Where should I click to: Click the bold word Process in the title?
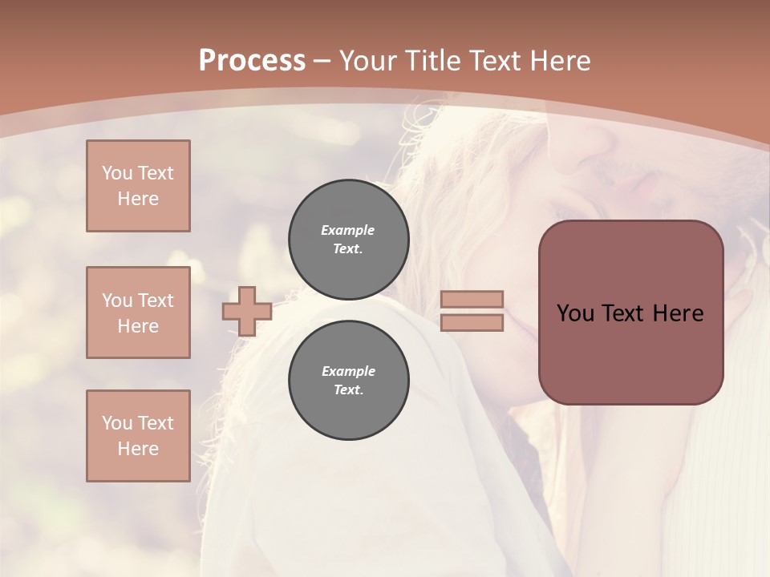pyautogui.click(x=252, y=61)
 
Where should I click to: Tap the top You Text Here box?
pyautogui.click(x=138, y=186)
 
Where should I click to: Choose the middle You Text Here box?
pyautogui.click(x=138, y=313)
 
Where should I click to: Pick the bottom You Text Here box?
pyautogui.click(x=138, y=436)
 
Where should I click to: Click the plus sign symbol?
pyautogui.click(x=247, y=311)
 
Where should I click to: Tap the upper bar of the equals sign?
pyautogui.click(x=472, y=300)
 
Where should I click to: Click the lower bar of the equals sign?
pyautogui.click(x=472, y=323)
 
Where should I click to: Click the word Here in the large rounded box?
pyautogui.click(x=678, y=313)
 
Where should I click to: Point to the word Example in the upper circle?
pyautogui.click(x=348, y=230)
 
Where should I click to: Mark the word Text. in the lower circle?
pyautogui.click(x=348, y=390)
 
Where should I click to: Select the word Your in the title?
pyautogui.click(x=366, y=61)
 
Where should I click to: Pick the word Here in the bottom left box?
pyautogui.click(x=138, y=449)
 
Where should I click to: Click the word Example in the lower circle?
pyautogui.click(x=348, y=371)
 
